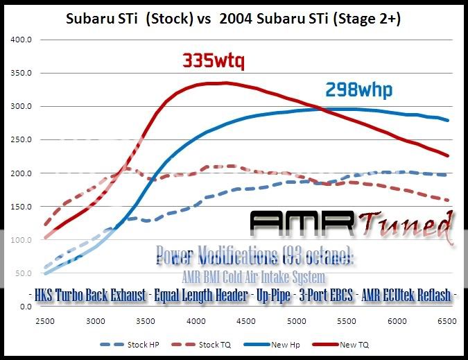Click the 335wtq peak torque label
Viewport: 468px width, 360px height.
click(214, 62)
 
